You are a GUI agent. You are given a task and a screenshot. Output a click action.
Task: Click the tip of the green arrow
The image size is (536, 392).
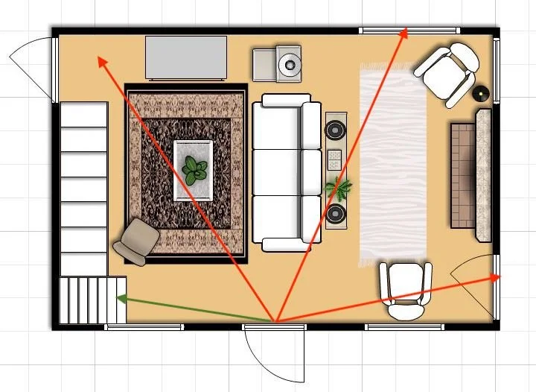[118, 299]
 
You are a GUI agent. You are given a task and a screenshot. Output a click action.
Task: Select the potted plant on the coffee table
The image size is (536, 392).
[194, 171]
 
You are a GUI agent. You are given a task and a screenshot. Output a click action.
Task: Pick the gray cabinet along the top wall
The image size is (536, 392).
[187, 57]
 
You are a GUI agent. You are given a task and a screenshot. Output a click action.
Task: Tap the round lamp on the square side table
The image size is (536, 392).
[288, 66]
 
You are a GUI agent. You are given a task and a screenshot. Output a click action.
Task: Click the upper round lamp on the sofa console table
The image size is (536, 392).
[336, 130]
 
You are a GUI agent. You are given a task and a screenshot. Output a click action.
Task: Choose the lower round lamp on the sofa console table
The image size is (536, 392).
[336, 215]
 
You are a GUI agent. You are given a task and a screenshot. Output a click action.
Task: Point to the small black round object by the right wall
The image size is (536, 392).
[481, 94]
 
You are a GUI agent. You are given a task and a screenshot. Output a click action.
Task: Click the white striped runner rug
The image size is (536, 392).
[392, 164]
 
